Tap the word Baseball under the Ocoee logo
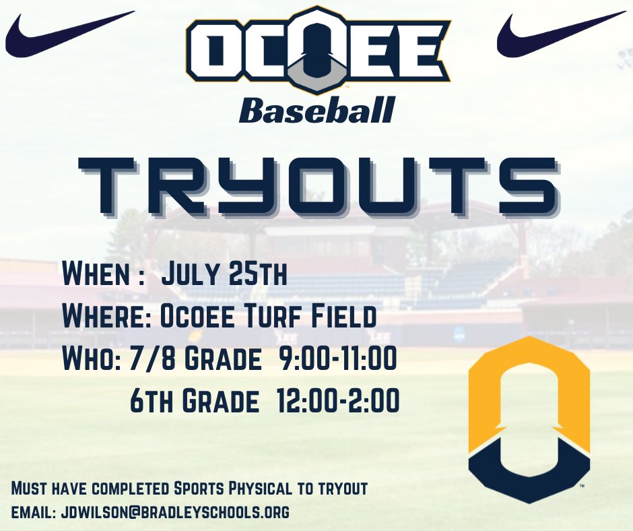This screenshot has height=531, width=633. tap(316, 111)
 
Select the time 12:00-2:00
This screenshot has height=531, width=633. tap(338, 403)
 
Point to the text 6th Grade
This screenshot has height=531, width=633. tap(195, 403)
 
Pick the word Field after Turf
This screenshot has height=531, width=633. tap(347, 317)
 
